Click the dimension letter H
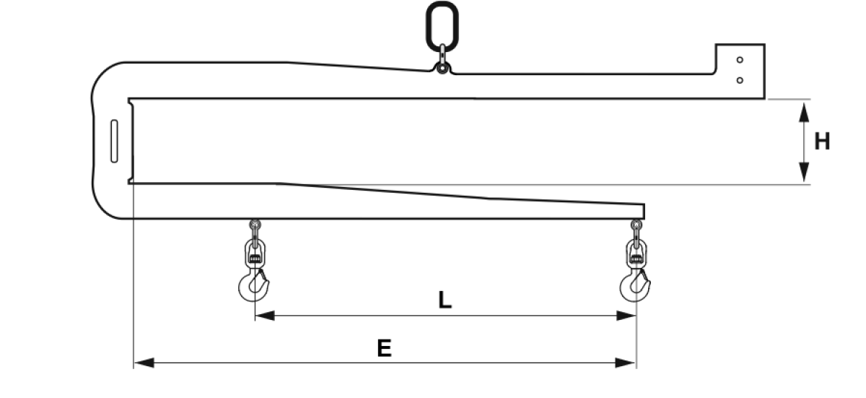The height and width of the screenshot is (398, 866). point(822,142)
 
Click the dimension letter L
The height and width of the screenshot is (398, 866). point(445,300)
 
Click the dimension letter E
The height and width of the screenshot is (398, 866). point(384,347)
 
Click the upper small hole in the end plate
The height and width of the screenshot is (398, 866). point(740,60)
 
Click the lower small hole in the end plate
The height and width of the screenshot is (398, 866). point(740,80)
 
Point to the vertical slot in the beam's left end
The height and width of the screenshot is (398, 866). point(114,141)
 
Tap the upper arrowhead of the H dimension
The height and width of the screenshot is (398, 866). point(804,113)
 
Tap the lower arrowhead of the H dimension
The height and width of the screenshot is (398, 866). point(804,172)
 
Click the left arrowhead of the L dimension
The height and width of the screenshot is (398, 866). point(265,316)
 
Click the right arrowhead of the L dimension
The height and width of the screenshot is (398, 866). point(626,316)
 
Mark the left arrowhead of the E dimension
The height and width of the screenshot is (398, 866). point(144,363)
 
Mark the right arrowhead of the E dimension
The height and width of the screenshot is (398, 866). point(626,363)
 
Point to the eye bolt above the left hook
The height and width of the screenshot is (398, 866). point(255,232)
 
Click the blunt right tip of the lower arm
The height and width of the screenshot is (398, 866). point(644,211)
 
